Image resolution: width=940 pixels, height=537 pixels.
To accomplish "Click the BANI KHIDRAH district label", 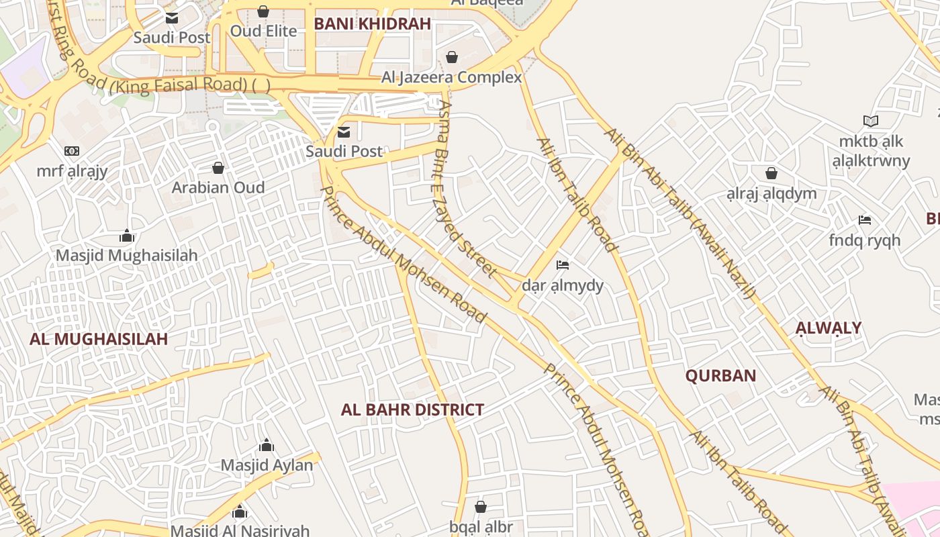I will point(372,24).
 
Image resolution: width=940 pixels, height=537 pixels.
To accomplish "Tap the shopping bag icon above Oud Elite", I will point(263,11).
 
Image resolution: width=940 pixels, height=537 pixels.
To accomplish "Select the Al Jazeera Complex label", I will point(451,77).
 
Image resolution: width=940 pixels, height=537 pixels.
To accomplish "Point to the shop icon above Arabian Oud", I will point(218,167).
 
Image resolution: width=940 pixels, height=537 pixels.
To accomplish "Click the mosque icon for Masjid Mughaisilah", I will point(127,236).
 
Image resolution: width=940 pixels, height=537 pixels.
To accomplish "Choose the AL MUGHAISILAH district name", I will point(98,339).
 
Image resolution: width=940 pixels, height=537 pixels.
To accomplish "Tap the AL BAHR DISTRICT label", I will point(412,409).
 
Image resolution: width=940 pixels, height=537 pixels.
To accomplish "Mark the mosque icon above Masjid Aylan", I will point(267,445).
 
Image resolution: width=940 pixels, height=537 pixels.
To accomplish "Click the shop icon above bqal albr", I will point(480,506).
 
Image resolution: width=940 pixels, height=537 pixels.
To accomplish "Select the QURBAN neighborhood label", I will point(720,376).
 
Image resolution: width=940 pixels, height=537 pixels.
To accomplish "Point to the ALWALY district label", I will point(828,328).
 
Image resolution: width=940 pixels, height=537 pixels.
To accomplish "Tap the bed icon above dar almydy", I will point(563,265).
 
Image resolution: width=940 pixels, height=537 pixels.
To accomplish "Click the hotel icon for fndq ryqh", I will point(864,219).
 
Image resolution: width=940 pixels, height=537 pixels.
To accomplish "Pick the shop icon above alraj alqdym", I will point(771,173).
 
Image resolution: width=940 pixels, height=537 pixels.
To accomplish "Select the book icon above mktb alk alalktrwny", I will point(871,121).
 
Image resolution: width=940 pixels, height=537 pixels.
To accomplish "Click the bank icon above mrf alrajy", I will point(72,151).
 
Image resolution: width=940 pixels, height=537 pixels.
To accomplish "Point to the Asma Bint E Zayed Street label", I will point(466,188).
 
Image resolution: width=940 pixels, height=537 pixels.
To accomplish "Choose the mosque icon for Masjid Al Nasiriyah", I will point(240,513).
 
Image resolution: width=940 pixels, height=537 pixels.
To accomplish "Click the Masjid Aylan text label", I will point(267,465).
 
